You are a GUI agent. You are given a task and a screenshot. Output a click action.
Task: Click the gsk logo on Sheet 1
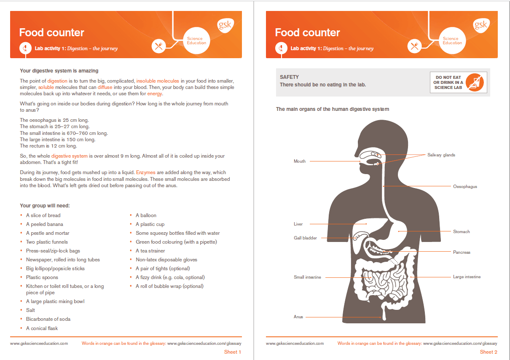point(225,25)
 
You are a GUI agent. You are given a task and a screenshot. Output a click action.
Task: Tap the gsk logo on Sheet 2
point(480,25)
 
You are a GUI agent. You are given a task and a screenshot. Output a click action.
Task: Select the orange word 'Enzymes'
point(146,172)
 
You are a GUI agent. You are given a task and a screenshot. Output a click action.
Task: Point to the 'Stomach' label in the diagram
point(461,231)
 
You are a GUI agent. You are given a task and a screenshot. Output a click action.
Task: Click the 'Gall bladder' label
point(305,238)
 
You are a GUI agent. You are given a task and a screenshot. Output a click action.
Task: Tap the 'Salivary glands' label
point(441,155)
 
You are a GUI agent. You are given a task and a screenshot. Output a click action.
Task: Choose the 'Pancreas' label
point(462,252)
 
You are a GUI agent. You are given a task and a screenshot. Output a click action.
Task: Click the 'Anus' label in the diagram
point(298,317)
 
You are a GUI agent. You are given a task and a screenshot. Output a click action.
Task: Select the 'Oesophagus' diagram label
point(465,186)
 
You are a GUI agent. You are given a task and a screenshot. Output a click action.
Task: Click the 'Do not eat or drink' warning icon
point(477,82)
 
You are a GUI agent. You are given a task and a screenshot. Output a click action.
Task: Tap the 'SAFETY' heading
point(289,77)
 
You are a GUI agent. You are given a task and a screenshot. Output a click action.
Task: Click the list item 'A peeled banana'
point(45,224)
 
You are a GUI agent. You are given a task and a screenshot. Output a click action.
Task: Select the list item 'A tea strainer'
point(150,251)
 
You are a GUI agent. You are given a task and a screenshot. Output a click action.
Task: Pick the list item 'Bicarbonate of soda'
point(48,319)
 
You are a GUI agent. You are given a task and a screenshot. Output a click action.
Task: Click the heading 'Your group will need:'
point(45,206)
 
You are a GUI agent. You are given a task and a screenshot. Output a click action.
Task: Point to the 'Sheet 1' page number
point(232,352)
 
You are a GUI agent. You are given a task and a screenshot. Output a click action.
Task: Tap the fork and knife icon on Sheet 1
point(159,46)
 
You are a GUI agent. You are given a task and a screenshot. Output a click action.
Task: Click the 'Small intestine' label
point(307,277)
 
